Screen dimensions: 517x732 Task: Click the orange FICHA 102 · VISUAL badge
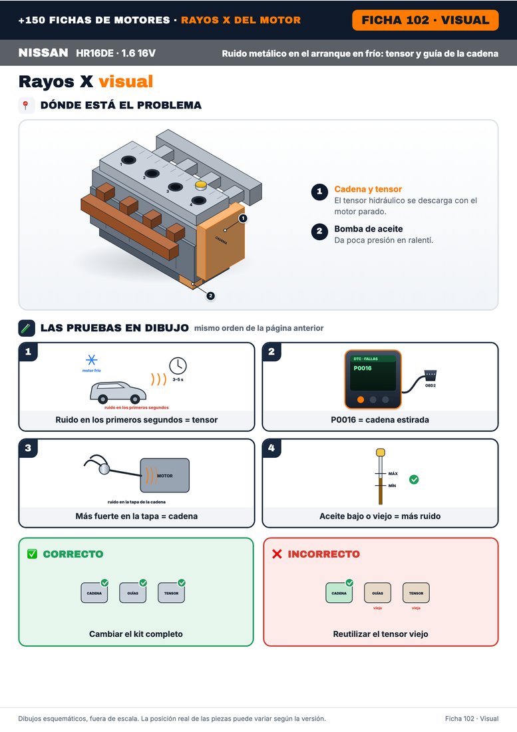pos(425,20)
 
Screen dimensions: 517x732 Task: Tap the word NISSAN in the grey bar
pos(43,53)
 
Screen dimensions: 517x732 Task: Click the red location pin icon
pos(26,105)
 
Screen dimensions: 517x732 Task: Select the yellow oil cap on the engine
pos(201,186)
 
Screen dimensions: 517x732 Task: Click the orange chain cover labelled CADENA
pos(221,241)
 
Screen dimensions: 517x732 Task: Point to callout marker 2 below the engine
pos(210,295)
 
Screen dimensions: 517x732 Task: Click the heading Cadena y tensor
pos(368,189)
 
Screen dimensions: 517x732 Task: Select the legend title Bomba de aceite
pos(368,229)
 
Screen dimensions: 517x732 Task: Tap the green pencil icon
pos(27,328)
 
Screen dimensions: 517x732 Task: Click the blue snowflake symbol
pos(91,360)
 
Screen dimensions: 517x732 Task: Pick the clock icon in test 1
pos(178,365)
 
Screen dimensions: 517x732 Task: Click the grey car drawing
pos(118,392)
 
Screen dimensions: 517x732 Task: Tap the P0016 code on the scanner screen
pos(363,369)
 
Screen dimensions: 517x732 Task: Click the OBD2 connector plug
pos(431,376)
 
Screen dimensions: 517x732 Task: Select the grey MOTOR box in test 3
pos(165,475)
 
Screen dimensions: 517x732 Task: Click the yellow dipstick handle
pos(381,453)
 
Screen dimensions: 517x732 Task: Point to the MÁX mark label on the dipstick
pos(393,473)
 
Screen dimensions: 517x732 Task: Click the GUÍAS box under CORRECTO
pos(132,593)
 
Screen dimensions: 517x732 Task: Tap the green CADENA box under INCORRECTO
pos(339,593)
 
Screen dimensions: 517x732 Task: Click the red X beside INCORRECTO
pos(277,554)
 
